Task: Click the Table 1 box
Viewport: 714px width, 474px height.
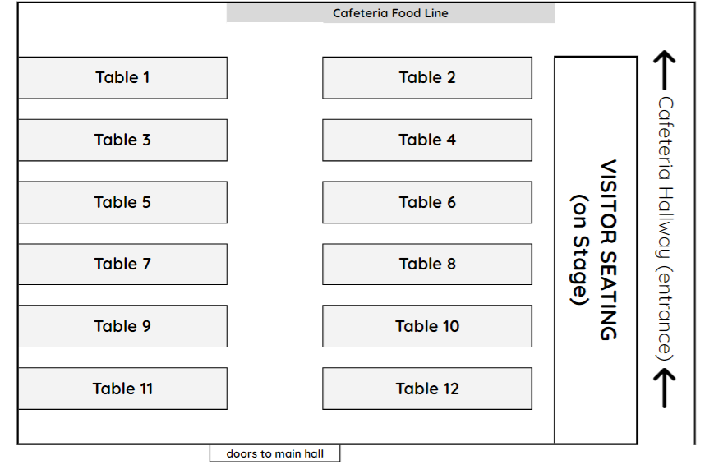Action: pyautogui.click(x=122, y=78)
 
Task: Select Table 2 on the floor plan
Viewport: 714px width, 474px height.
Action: pyautogui.click(x=426, y=78)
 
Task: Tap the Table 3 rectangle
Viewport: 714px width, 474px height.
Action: pyautogui.click(x=122, y=140)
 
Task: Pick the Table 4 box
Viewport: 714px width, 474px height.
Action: pyautogui.click(x=426, y=140)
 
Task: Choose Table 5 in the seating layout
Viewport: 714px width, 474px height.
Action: pyautogui.click(x=122, y=202)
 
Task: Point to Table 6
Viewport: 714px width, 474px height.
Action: pyautogui.click(x=426, y=202)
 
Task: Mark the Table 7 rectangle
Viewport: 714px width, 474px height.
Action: pyautogui.click(x=122, y=264)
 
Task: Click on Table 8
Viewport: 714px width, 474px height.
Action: pyautogui.click(x=426, y=264)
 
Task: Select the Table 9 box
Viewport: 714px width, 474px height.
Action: pyautogui.click(x=122, y=326)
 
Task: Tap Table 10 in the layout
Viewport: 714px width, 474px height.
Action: pyautogui.click(x=426, y=326)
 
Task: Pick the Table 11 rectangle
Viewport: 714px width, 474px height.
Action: pyautogui.click(x=122, y=389)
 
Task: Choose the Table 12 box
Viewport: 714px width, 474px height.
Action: pyautogui.click(x=426, y=389)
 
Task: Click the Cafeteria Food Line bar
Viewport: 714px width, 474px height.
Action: pyautogui.click(x=390, y=13)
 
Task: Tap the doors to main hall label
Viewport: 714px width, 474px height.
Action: pyautogui.click(x=274, y=453)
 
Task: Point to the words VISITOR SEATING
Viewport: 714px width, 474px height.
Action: pyautogui.click(x=608, y=250)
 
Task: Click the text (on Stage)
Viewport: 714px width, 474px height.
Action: pyautogui.click(x=580, y=250)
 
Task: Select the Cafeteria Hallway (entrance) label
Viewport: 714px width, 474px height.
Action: pyautogui.click(x=666, y=228)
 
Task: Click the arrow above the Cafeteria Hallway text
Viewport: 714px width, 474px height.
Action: pyautogui.click(x=665, y=71)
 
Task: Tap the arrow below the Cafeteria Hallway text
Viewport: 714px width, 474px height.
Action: pyautogui.click(x=665, y=388)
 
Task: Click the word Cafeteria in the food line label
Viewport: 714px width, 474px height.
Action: pyautogui.click(x=360, y=13)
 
